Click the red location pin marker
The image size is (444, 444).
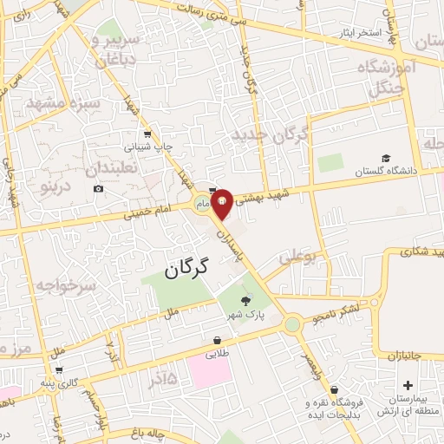(x=222, y=203)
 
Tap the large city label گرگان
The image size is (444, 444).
(x=186, y=268)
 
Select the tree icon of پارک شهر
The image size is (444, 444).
(x=245, y=301)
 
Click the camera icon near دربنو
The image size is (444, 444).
(x=98, y=188)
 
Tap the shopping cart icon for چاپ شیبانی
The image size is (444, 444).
(x=148, y=134)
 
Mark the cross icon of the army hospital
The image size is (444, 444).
(x=408, y=384)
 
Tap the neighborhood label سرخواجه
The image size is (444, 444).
(x=62, y=284)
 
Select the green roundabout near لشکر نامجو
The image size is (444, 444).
(x=292, y=324)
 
